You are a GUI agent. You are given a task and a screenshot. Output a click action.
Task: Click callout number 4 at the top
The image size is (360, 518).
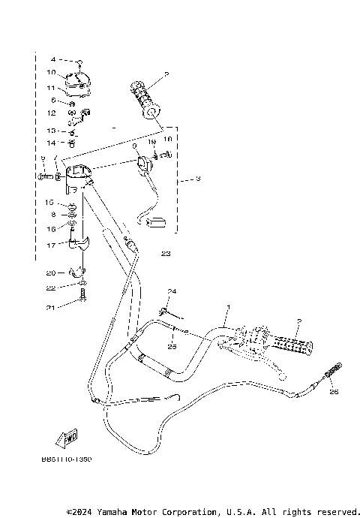tap(53, 59)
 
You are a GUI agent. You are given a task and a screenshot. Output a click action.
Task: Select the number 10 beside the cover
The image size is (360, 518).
tap(51, 73)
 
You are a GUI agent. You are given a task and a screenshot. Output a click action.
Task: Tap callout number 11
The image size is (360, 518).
tap(51, 88)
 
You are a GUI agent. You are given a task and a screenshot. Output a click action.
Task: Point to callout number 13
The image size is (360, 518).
tap(51, 130)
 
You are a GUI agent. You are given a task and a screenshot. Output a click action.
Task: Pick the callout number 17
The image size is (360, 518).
tap(50, 245)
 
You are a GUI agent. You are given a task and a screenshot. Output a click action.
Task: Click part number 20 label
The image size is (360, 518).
tap(51, 273)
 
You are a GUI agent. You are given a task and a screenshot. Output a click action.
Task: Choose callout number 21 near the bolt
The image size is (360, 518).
tap(51, 308)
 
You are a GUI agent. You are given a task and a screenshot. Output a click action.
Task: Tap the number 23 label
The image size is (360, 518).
tap(166, 254)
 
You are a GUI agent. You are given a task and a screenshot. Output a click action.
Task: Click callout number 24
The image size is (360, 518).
tap(171, 291)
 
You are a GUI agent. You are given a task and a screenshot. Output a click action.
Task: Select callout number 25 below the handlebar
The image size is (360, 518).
tap(171, 347)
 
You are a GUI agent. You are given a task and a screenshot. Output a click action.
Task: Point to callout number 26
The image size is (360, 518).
tap(334, 391)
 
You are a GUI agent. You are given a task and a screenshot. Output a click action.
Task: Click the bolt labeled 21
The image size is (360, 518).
tap(82, 302)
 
